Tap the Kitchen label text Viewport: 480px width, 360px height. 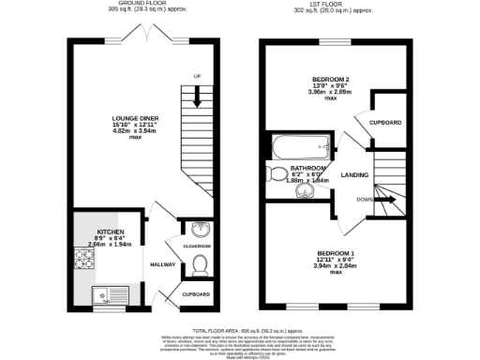110,231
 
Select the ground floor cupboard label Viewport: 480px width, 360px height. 196,294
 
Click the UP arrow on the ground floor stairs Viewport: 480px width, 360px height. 197,76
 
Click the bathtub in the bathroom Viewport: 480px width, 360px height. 299,147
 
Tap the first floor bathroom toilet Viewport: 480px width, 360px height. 279,172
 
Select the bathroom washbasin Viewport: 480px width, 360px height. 305,192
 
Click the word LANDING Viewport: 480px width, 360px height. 354,174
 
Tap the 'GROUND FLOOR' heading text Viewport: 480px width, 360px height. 128,3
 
